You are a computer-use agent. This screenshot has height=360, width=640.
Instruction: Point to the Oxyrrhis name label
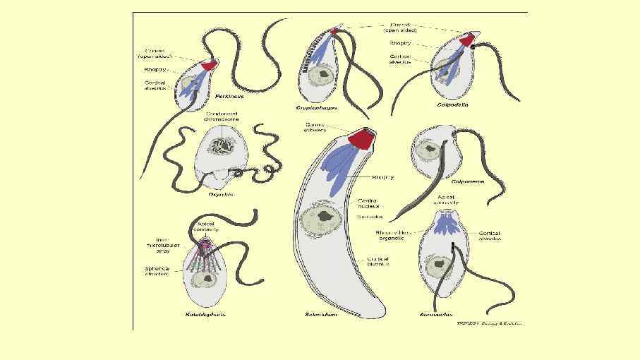pyautogui.click(x=222, y=194)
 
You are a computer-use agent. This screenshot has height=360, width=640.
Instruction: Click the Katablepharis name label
pyautogui.click(x=206, y=314)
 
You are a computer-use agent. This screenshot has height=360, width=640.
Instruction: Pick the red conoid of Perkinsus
pyautogui.click(x=209, y=66)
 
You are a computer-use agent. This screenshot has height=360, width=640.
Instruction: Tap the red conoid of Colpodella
pyautogui.click(x=468, y=41)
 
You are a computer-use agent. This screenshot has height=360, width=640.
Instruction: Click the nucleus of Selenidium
pyautogui.click(x=323, y=218)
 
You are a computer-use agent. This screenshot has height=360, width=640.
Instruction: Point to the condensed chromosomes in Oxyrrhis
pyautogui.click(x=225, y=148)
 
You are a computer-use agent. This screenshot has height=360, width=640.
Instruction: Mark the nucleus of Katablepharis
pyautogui.click(x=207, y=279)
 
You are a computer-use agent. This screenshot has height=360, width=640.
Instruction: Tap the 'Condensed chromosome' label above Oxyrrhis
pyautogui.click(x=222, y=116)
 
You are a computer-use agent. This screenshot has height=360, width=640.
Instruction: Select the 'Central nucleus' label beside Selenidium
pyautogui.click(x=370, y=205)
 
